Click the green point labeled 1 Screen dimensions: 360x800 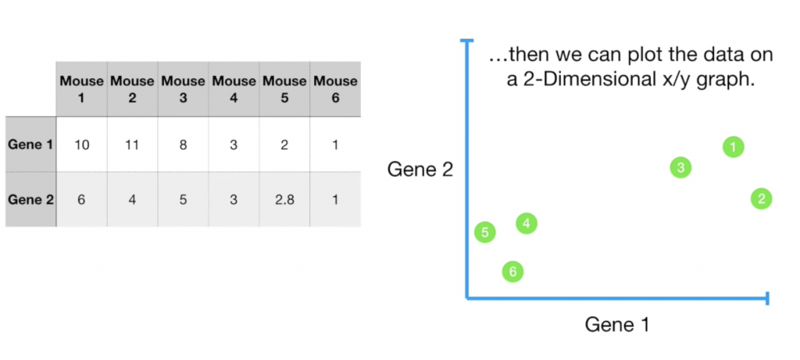(x=733, y=146)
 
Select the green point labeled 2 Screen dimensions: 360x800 (x=761, y=198)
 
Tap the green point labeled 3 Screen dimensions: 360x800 (x=681, y=167)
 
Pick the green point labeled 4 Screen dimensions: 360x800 (x=527, y=223)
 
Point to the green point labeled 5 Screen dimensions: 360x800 (x=485, y=232)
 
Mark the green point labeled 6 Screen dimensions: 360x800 (x=512, y=272)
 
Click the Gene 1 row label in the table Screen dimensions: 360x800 (x=31, y=144)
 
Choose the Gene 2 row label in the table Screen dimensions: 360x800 (x=31, y=199)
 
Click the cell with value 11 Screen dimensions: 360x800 (x=132, y=144)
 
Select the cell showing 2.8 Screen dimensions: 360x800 (x=284, y=199)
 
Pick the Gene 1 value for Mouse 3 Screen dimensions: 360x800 (x=183, y=144)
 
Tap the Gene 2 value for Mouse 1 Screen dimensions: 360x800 (x=82, y=199)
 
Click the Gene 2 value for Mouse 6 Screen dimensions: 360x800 (x=335, y=199)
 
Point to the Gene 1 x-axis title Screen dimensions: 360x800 (x=617, y=323)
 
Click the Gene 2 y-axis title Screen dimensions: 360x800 (x=420, y=169)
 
